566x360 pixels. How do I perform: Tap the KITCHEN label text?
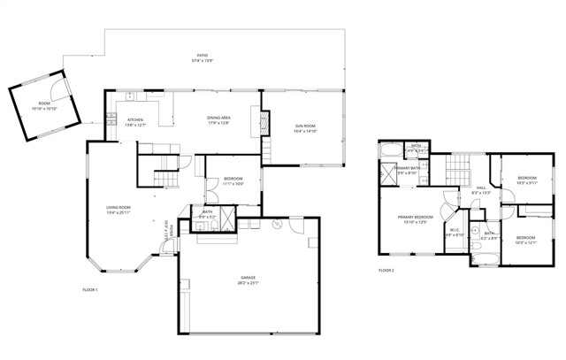[x=135, y=120]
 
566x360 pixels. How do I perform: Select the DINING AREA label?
[x=218, y=118]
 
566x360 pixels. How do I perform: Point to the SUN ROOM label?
[x=305, y=126]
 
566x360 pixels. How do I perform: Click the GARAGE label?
[x=247, y=278]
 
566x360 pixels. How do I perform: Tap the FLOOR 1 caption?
[x=89, y=290]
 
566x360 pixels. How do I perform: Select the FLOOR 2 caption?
[x=386, y=270]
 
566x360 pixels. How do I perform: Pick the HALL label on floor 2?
[x=481, y=188]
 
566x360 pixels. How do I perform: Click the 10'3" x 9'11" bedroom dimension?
[x=527, y=183]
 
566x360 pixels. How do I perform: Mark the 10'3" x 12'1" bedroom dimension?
[x=526, y=241]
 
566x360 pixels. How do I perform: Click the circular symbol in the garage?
[x=277, y=225]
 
